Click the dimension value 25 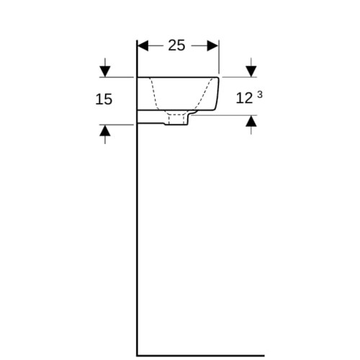click(176, 45)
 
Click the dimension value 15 click(104, 99)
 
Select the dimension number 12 click(244, 99)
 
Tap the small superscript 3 click(260, 95)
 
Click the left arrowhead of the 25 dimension click(143, 45)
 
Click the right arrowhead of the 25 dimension click(212, 45)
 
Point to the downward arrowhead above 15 click(105, 71)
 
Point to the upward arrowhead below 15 click(105, 130)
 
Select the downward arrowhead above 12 click(251, 71)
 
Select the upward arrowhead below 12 click(251, 121)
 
